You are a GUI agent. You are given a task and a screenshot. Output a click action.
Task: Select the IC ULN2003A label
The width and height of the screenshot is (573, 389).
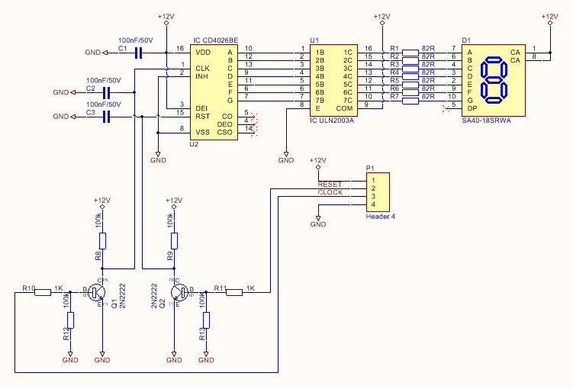[332, 120]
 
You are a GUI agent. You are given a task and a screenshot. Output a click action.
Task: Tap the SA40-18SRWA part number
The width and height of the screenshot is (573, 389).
[485, 120]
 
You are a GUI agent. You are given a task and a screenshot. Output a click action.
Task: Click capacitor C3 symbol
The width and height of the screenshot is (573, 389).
[106, 116]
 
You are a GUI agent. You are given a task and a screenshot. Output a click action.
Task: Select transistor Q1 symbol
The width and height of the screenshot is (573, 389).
[97, 291]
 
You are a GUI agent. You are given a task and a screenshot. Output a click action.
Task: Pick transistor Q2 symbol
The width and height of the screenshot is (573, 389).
[179, 291]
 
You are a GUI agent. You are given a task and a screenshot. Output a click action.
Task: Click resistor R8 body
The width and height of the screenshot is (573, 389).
[103, 241]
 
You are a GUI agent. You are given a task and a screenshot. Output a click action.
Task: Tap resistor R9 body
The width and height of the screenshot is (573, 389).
[175, 241]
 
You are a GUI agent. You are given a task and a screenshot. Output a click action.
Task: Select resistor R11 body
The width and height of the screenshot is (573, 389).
[233, 291]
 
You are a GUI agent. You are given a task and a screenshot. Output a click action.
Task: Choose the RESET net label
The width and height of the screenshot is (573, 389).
[330, 184]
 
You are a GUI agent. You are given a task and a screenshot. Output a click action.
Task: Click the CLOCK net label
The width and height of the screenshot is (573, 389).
[330, 193]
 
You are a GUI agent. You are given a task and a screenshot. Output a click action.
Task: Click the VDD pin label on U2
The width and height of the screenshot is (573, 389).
[204, 52]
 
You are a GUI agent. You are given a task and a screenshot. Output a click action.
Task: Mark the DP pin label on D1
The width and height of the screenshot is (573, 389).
[472, 108]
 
